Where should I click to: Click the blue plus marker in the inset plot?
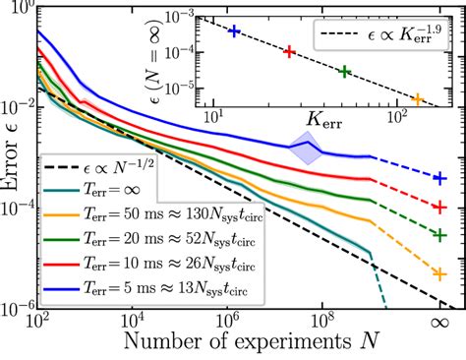[234, 31]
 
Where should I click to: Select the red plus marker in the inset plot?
[289, 51]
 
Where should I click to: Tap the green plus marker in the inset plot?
[344, 71]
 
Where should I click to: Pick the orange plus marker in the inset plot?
[417, 99]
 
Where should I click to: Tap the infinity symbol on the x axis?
[439, 322]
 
